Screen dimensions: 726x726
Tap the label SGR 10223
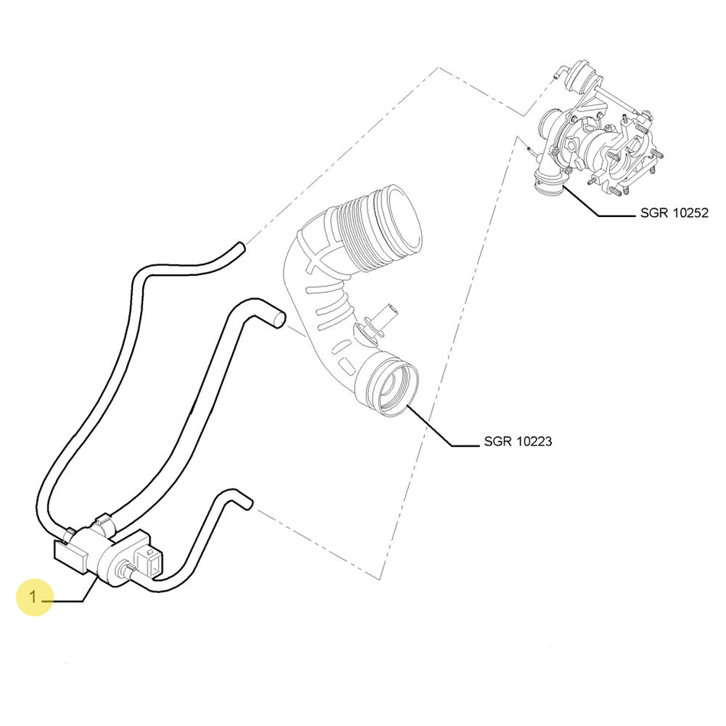[x=518, y=442]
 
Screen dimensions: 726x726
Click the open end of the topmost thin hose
[x=241, y=248]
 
